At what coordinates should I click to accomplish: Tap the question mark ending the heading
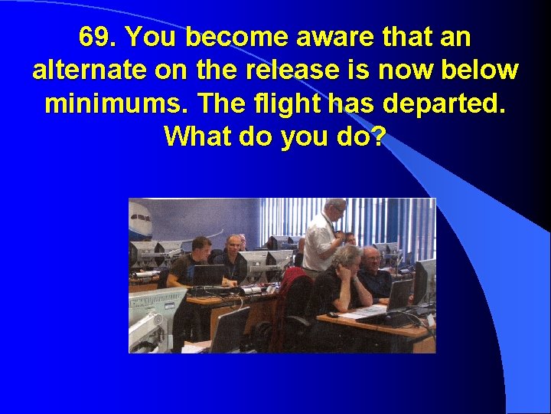click(378, 137)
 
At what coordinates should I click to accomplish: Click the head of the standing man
click(334, 209)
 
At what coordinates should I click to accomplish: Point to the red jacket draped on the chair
click(291, 281)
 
